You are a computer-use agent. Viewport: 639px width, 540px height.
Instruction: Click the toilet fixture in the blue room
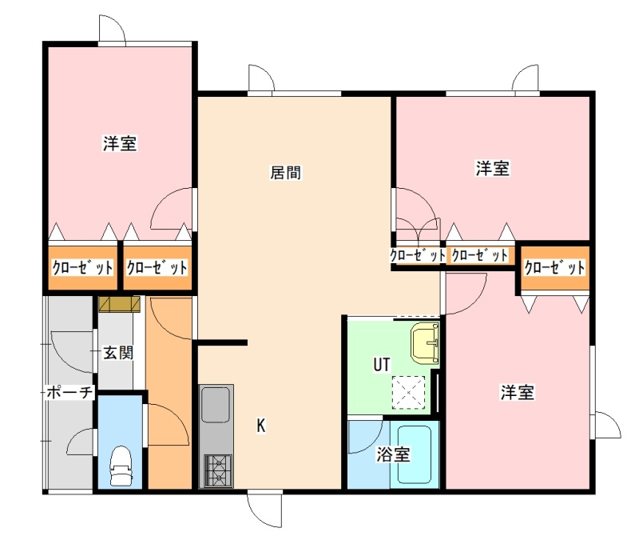[x=121, y=466]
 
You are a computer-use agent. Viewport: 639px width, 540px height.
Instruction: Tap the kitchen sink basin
[x=216, y=405]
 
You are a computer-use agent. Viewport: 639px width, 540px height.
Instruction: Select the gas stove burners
[x=218, y=470]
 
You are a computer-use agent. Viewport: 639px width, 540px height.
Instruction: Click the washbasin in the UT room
[x=426, y=342]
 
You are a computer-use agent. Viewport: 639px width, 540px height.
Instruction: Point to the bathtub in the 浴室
[x=415, y=454]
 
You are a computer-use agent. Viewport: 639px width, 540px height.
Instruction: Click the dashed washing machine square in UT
[x=408, y=392]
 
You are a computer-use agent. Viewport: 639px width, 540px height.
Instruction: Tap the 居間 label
[x=286, y=172]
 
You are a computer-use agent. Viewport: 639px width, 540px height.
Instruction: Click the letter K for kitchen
[x=261, y=426]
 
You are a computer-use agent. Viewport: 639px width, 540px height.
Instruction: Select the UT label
[x=382, y=365]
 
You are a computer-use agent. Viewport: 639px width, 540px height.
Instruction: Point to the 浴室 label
[x=393, y=454]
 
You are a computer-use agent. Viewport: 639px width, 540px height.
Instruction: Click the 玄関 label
[x=117, y=353]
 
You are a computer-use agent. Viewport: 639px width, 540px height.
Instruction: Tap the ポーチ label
[x=69, y=393]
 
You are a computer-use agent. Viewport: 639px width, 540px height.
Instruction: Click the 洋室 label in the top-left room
[x=119, y=143]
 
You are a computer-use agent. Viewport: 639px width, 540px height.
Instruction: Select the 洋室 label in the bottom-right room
[x=517, y=392]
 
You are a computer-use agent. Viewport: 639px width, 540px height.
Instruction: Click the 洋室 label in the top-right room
[x=492, y=168]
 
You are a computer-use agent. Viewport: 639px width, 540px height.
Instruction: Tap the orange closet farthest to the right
[x=554, y=268]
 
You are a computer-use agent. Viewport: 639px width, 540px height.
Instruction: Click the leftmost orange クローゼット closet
[x=83, y=267]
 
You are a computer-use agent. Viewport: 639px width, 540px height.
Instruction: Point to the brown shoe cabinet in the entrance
[x=119, y=304]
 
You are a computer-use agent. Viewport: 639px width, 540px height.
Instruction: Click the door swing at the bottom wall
[x=265, y=510]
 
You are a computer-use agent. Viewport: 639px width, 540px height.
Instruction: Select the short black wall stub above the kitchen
[x=222, y=342]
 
